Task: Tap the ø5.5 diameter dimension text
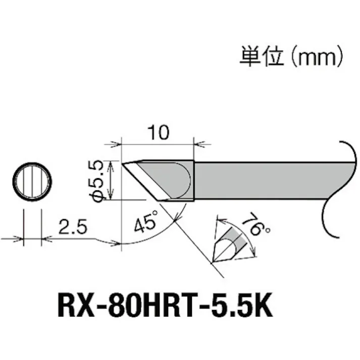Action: point(99,181)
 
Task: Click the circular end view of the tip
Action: point(32,181)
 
